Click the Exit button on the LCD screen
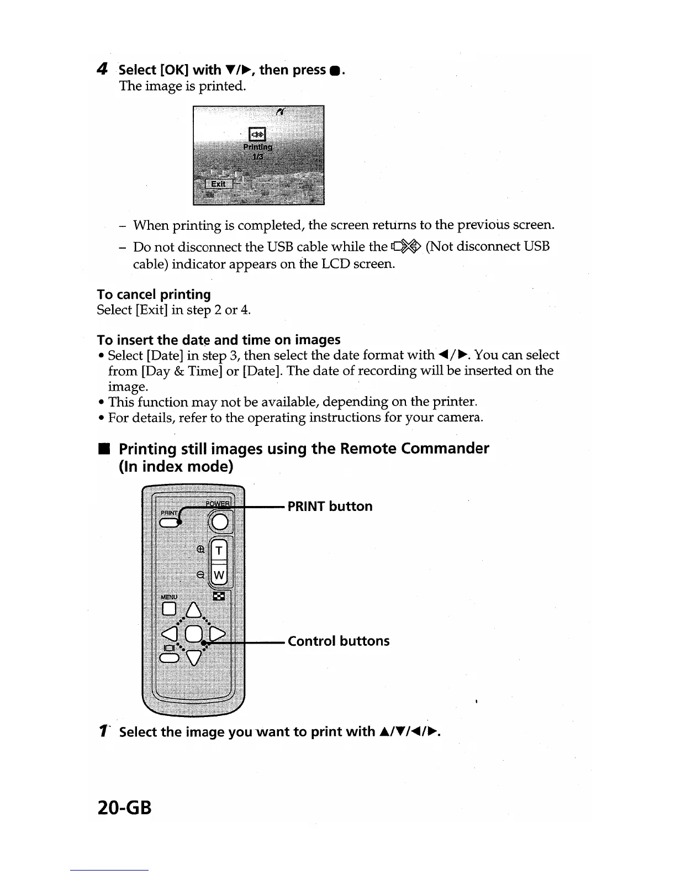[x=218, y=184]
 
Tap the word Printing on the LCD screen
[x=258, y=147]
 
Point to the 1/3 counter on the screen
[x=258, y=156]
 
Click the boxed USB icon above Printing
[x=258, y=134]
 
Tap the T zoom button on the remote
[x=220, y=550]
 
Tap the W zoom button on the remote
[x=219, y=576]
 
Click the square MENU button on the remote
[x=169, y=609]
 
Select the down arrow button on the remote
[x=193, y=657]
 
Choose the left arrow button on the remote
[x=170, y=634]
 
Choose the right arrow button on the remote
[x=218, y=634]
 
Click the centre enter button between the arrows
[x=193, y=634]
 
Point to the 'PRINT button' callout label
[x=330, y=507]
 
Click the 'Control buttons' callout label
[x=339, y=641]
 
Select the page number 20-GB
[x=124, y=808]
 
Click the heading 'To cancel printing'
[x=154, y=294]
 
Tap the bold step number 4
[x=102, y=70]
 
